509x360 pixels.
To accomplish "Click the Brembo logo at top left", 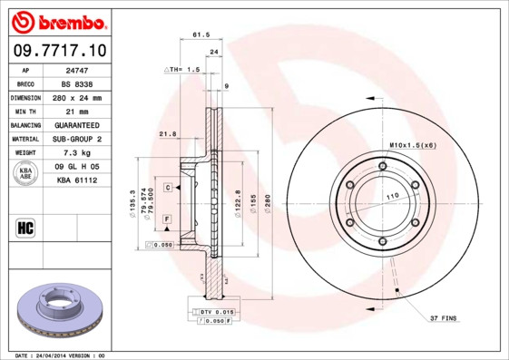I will pos(58,20).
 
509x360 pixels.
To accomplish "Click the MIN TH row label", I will pos(24,111).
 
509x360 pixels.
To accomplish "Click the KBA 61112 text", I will pos(76,180).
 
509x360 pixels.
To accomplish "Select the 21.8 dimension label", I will pos(167,134).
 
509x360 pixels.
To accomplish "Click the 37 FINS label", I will pos(444,318).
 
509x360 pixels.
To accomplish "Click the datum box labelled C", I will pos(168,186).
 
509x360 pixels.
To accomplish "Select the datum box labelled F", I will pos(168,220).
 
